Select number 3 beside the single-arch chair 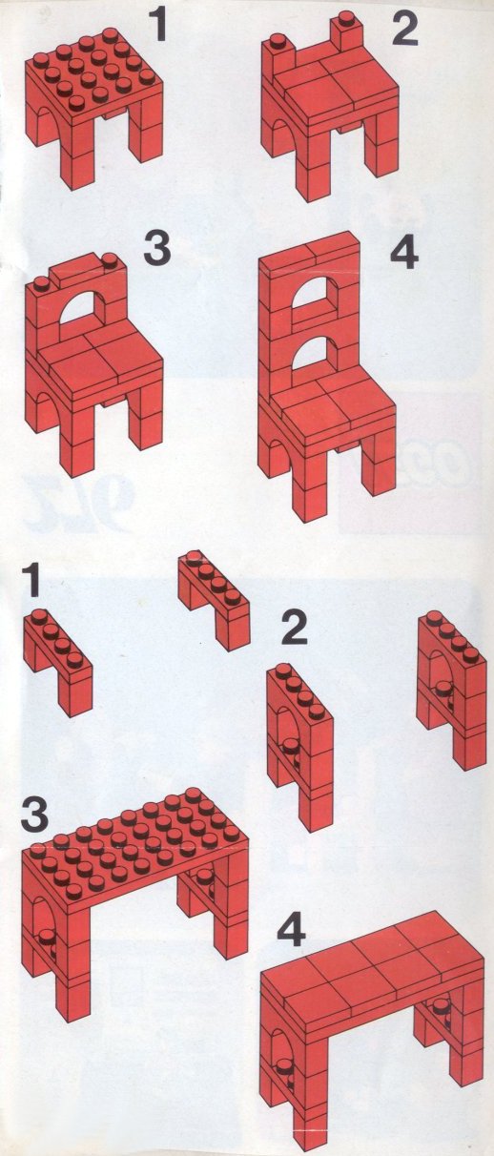[x=157, y=247]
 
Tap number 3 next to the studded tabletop [x=35, y=813]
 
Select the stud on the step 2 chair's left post [x=278, y=40]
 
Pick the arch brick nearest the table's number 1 [x=58, y=662]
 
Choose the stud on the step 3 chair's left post [x=41, y=283]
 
